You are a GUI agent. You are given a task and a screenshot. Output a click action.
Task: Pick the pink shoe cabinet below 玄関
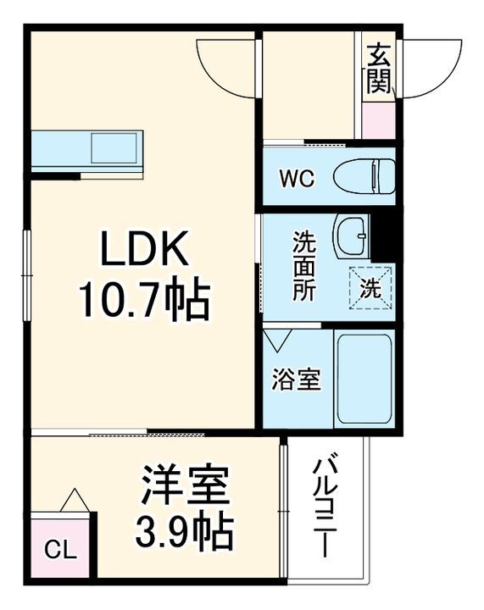[x=377, y=120]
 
